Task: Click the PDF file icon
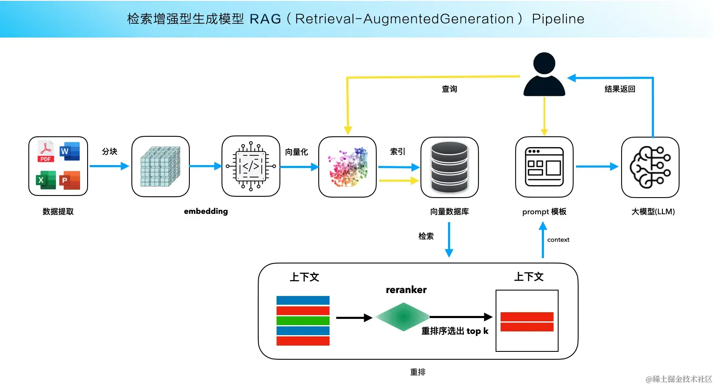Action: tap(45, 151)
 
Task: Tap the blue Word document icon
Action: tap(70, 151)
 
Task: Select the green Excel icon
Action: tap(46, 180)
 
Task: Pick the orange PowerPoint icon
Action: tap(70, 180)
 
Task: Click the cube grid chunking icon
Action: tap(160, 166)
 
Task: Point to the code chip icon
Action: tap(251, 166)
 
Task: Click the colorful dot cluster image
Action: tap(348, 167)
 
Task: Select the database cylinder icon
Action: tap(449, 167)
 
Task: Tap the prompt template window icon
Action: tap(544, 166)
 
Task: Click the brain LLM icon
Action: tap(650, 167)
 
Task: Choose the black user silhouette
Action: tap(544, 74)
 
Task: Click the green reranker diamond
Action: tap(403, 317)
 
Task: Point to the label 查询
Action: tap(449, 89)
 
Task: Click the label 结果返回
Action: tap(620, 89)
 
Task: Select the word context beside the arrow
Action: tap(558, 240)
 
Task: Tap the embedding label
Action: tap(206, 211)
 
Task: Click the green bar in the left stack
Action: tap(303, 321)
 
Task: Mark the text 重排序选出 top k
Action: tap(455, 331)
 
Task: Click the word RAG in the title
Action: tap(265, 19)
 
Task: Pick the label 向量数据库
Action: tap(449, 211)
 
